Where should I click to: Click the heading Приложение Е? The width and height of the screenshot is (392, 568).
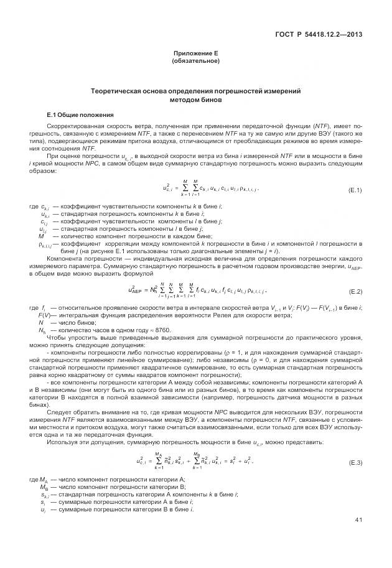tap(195, 54)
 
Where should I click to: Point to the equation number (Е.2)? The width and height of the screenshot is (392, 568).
tap(356, 292)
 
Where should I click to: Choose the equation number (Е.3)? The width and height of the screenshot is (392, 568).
tap(356, 463)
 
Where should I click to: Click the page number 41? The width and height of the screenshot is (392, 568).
tap(358, 519)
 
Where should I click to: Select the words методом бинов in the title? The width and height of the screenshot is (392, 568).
tap(195, 99)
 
